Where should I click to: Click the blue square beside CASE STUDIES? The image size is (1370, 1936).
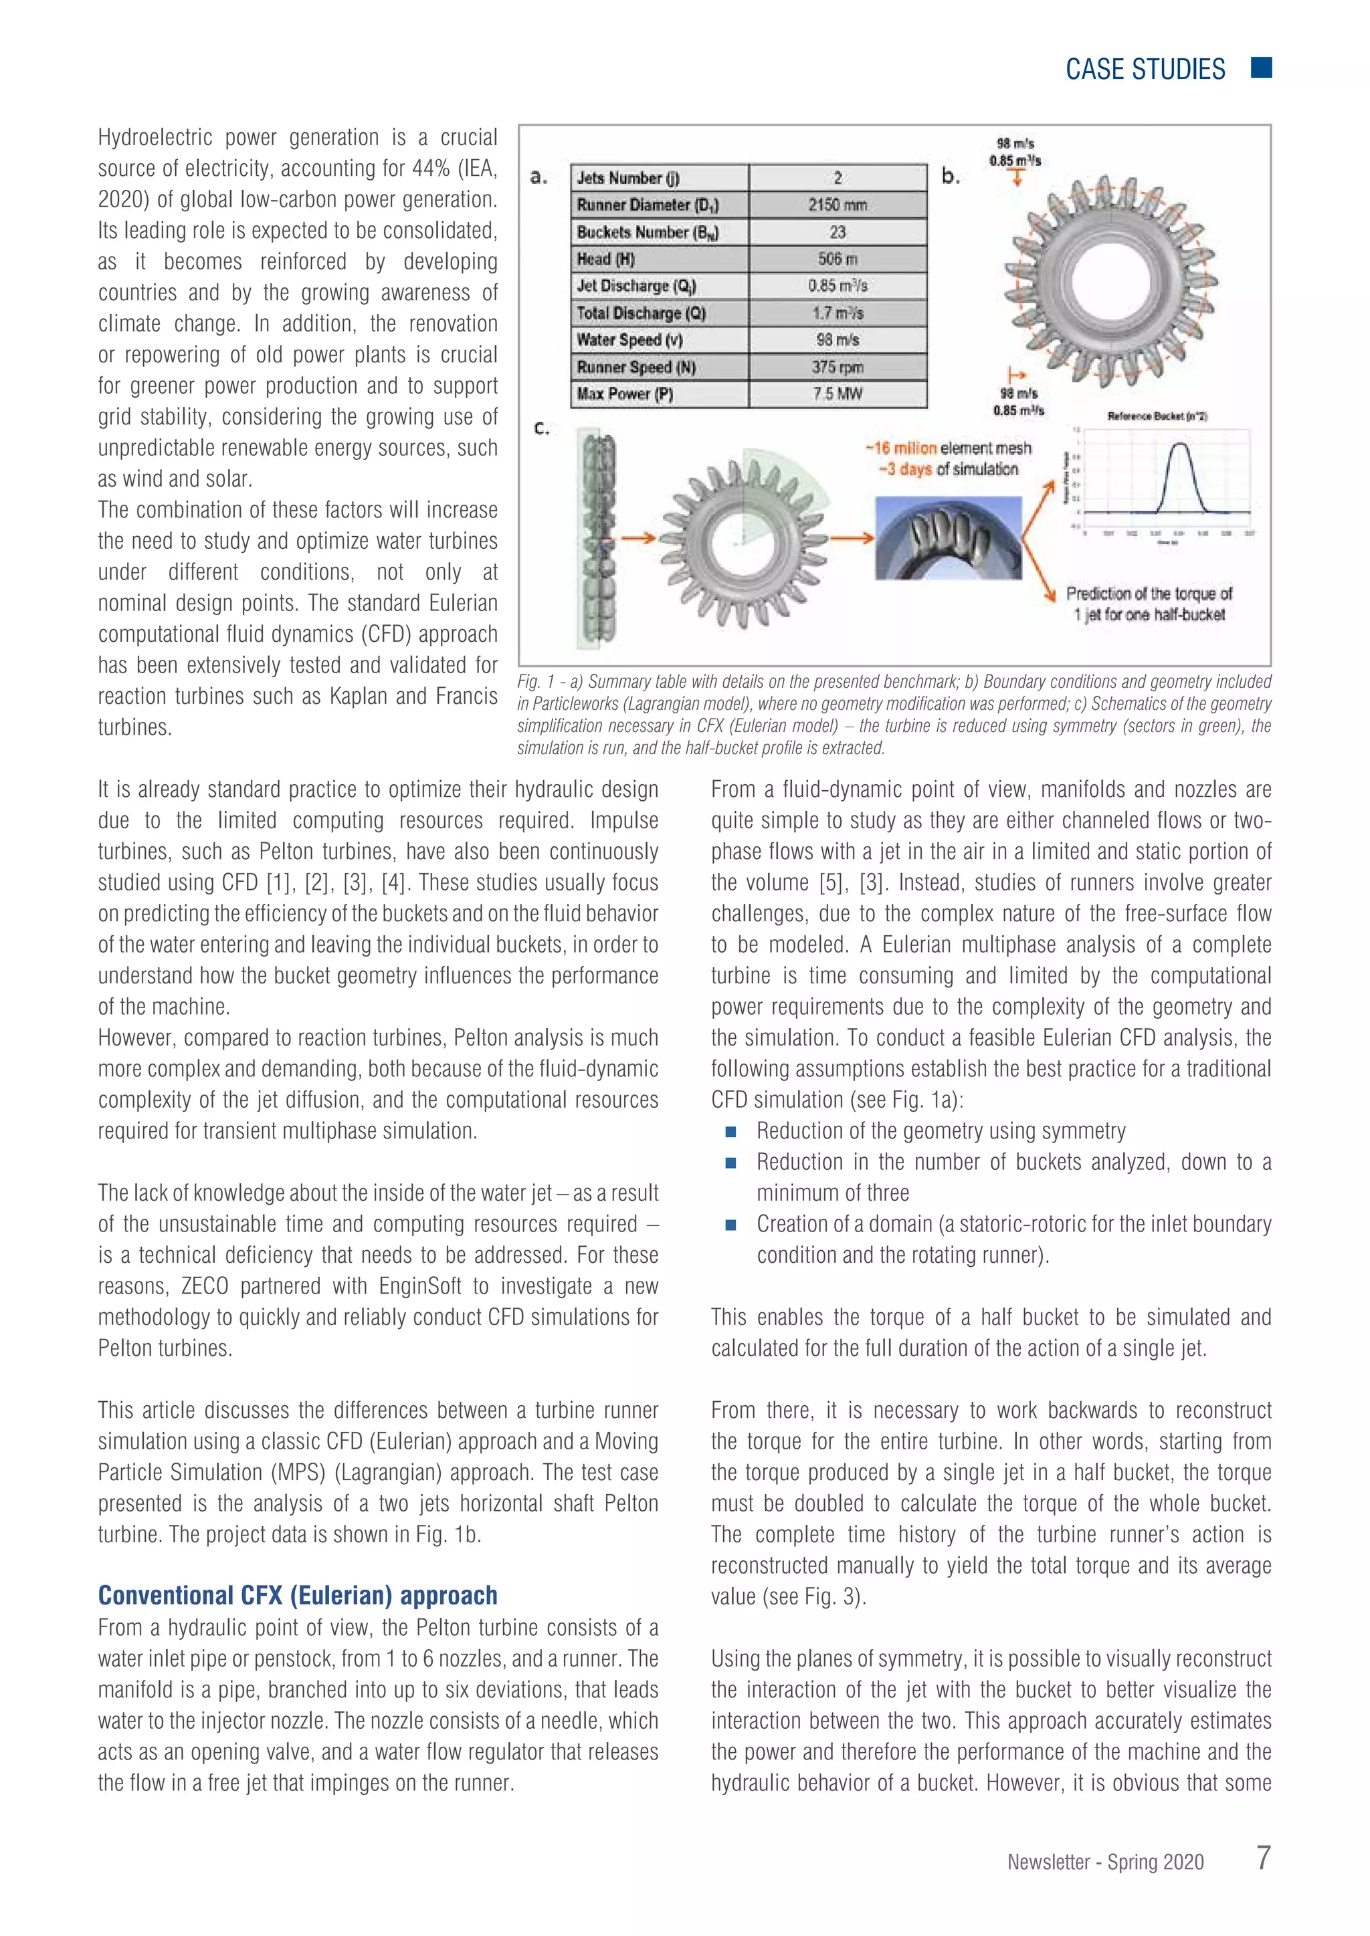(x=1261, y=68)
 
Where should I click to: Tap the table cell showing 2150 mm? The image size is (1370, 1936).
(x=837, y=205)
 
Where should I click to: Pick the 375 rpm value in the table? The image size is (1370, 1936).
(x=837, y=367)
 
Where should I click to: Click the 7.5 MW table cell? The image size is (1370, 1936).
(x=837, y=394)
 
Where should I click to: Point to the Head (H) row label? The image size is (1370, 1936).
(x=605, y=259)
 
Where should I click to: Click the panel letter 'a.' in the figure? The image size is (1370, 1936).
(x=539, y=177)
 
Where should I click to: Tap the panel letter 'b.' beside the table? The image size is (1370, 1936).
(x=951, y=176)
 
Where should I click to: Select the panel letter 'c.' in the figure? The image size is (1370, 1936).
(x=542, y=429)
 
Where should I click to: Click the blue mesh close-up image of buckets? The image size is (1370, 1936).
(x=948, y=538)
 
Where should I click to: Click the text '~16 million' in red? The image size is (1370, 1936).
(x=900, y=448)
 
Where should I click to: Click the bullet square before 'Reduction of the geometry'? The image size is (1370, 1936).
(x=730, y=1132)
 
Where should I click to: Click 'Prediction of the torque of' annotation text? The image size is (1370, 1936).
(x=1149, y=593)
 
